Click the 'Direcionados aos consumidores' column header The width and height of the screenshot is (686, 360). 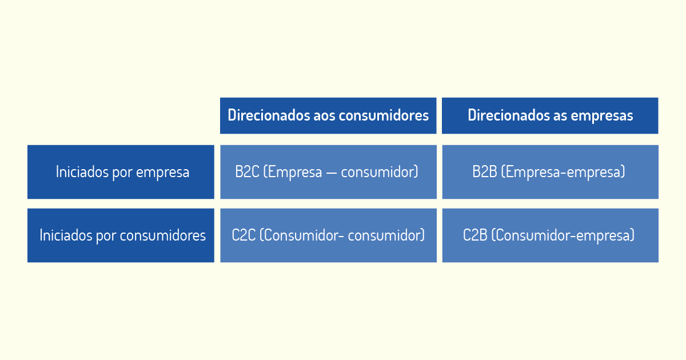(328, 115)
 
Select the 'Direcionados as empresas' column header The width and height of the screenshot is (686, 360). (550, 115)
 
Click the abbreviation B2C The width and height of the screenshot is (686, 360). (247, 172)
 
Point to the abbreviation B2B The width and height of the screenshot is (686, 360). (485, 172)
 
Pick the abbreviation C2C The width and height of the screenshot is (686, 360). (244, 235)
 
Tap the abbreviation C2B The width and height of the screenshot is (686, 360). (475, 235)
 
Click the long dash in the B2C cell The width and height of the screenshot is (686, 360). (332, 173)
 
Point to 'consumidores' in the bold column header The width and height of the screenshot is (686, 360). (384, 115)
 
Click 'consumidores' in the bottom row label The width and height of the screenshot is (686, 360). (162, 235)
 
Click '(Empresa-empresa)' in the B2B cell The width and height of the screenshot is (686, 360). (563, 172)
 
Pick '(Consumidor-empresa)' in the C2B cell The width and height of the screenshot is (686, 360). (563, 235)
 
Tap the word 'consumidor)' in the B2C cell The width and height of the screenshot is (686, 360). (380, 172)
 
